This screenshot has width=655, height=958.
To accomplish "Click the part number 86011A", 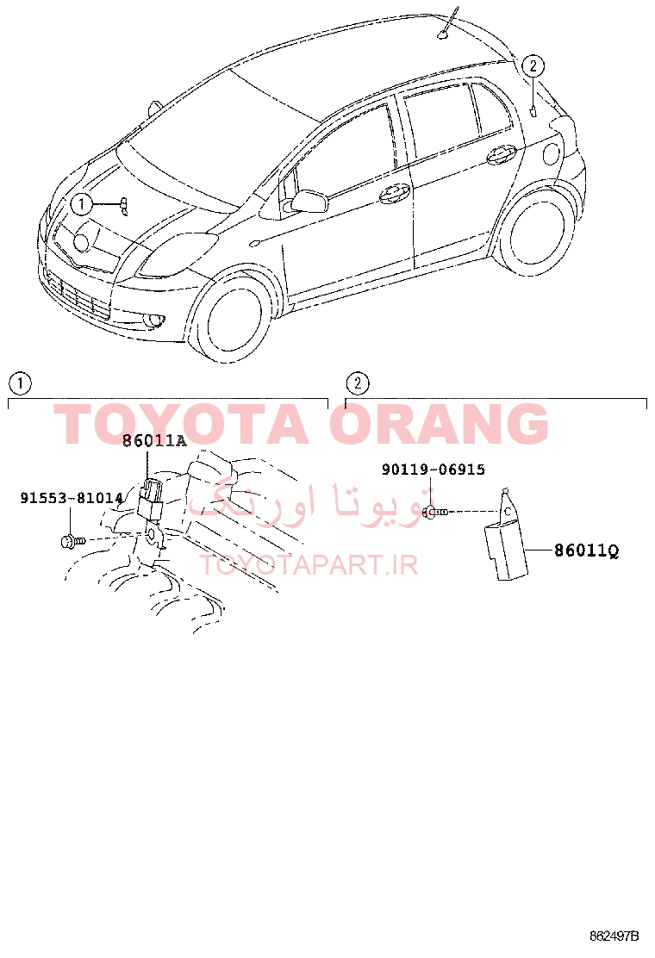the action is point(154,440).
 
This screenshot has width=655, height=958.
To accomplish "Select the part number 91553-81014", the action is point(72,498).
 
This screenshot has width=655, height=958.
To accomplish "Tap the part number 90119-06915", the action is point(434,470).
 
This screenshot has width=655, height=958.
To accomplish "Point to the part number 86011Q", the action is point(587,551).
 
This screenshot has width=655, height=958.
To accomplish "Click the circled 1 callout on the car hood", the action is point(82,204).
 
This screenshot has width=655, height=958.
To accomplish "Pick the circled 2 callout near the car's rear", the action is point(533,65).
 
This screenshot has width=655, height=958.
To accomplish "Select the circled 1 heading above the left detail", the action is point(20,383).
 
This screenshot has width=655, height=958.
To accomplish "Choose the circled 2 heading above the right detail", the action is point(358,383).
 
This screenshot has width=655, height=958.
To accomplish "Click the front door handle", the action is point(394,194).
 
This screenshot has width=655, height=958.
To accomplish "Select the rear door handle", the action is point(502,155).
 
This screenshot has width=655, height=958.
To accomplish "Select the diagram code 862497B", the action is point(614,936).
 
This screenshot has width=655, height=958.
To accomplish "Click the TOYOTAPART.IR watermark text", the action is point(309,565).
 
